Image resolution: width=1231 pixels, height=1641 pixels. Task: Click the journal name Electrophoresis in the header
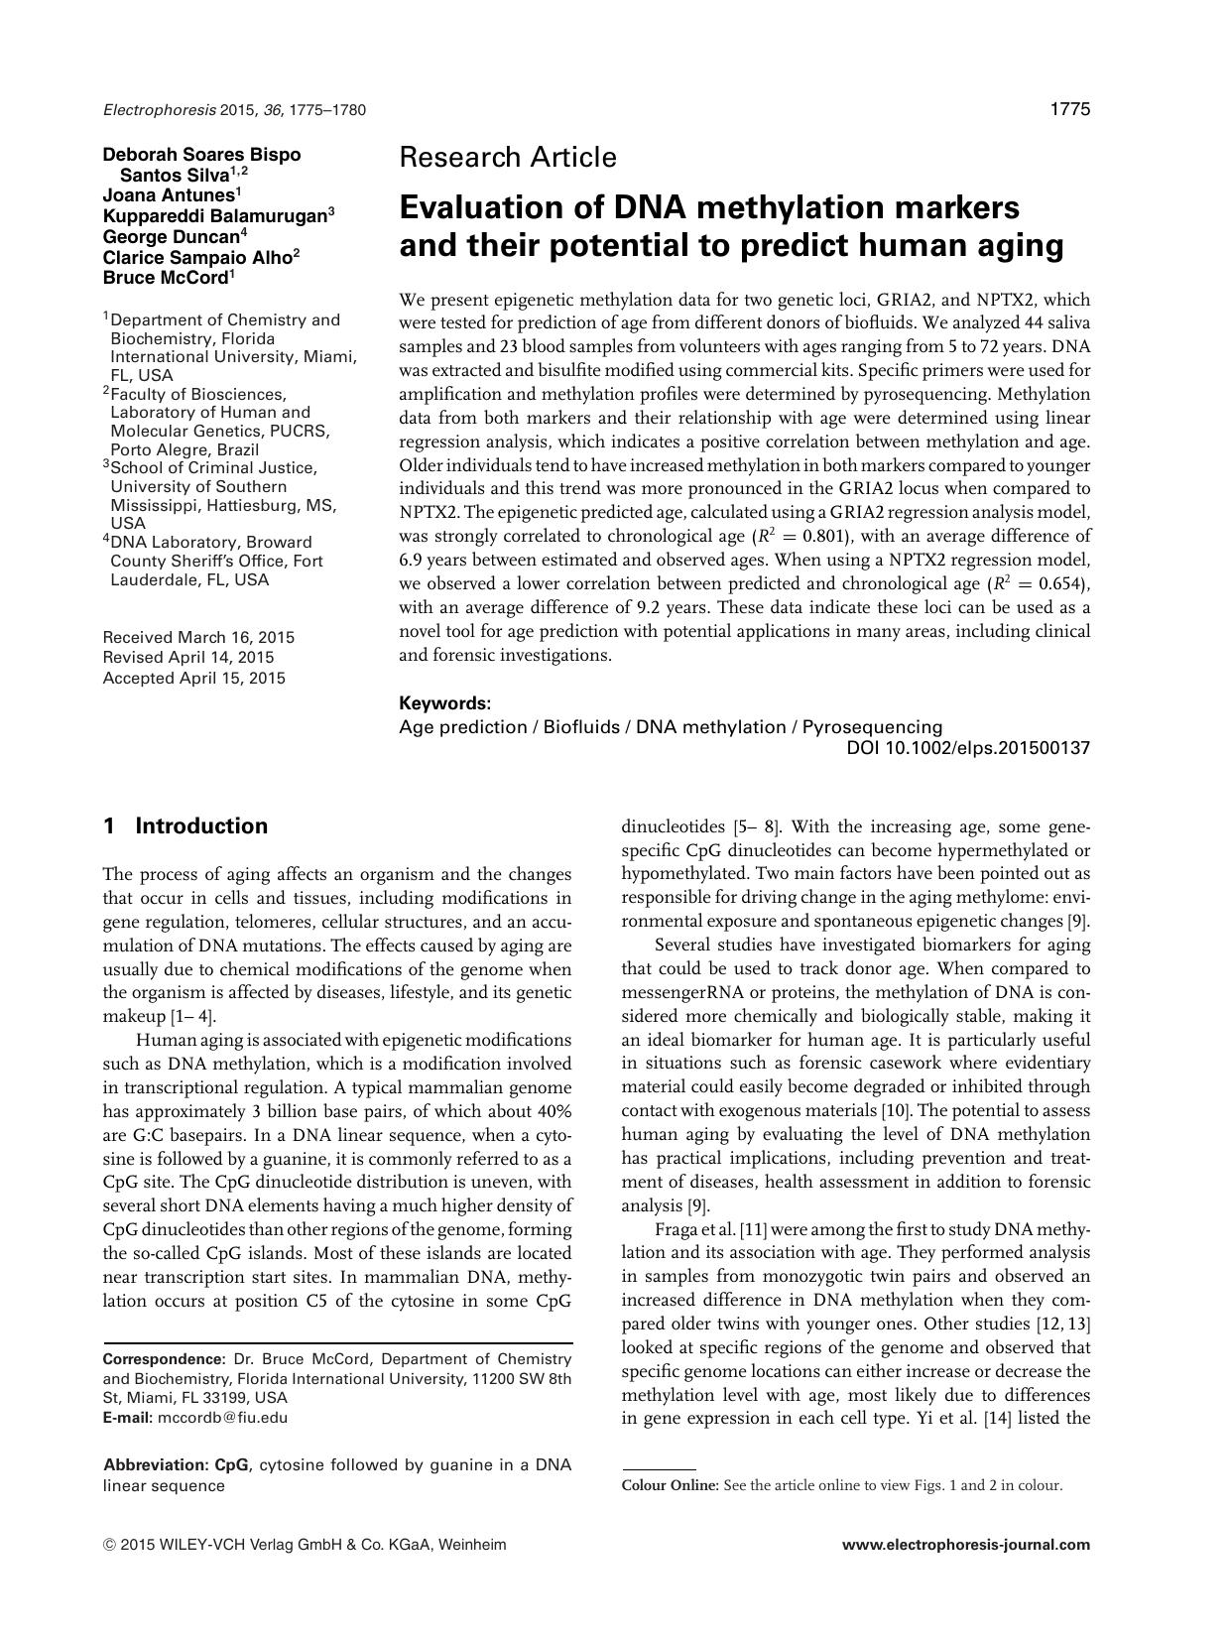(150, 110)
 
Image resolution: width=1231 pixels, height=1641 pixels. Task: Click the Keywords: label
(444, 703)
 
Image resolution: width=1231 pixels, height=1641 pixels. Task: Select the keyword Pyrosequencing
(872, 727)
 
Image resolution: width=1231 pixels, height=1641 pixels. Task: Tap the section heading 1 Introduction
(185, 826)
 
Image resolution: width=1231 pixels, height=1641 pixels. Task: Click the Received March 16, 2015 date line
(198, 637)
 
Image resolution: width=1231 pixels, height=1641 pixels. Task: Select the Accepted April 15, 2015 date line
(193, 679)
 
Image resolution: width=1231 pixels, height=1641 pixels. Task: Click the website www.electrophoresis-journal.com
(965, 1544)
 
